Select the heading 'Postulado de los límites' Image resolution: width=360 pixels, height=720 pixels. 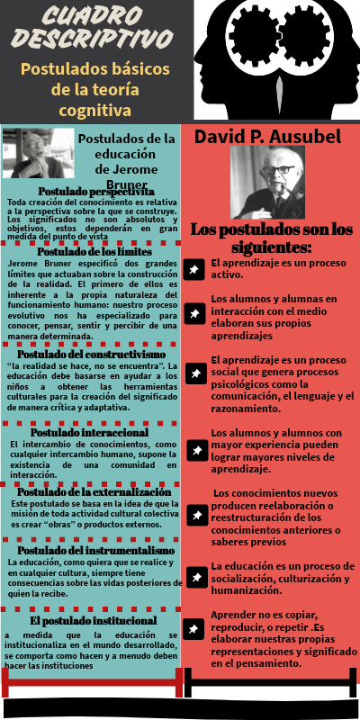[x=92, y=252]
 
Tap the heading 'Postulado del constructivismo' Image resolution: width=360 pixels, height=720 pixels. [x=92, y=356]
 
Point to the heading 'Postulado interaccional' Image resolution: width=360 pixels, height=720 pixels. [x=93, y=432]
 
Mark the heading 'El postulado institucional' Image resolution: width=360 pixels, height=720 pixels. [x=94, y=620]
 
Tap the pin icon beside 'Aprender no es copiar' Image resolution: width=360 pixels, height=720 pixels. [x=194, y=629]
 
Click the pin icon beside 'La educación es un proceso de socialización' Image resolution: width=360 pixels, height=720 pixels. [x=194, y=572]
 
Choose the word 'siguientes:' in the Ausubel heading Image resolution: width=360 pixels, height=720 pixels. [x=269, y=246]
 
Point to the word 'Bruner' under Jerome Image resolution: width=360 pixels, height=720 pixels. [x=126, y=184]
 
